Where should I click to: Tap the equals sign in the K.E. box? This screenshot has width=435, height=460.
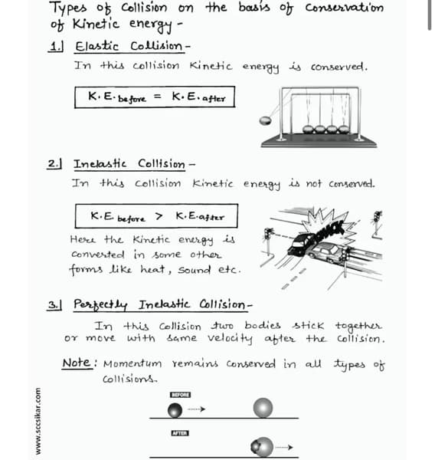coord(159,97)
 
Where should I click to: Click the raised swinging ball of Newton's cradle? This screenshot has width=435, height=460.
coord(266,120)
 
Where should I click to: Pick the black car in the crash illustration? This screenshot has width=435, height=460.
coord(302,244)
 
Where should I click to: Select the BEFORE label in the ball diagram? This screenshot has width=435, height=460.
coord(181,394)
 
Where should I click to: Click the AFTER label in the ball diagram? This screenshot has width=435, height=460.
coord(180,434)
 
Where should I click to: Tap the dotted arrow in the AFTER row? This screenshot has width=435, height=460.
coord(285,447)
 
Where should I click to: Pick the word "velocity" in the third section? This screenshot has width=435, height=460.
coord(220,339)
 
